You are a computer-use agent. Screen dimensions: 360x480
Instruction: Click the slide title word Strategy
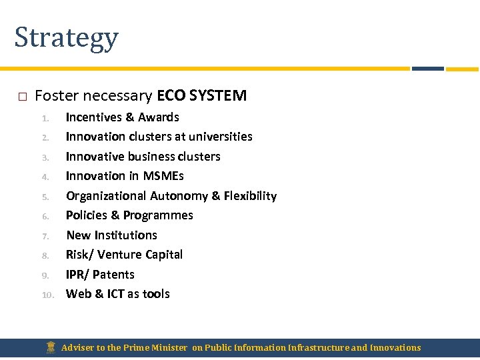(x=66, y=38)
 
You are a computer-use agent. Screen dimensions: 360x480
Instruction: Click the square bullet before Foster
(x=22, y=97)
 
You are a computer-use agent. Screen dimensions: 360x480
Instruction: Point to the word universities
(x=220, y=137)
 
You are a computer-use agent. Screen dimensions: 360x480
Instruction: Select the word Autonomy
(x=179, y=196)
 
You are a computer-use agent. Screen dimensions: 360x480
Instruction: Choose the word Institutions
(x=126, y=235)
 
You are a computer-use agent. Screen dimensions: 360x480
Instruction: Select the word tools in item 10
(x=155, y=294)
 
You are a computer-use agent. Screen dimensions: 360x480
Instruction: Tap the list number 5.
(x=46, y=197)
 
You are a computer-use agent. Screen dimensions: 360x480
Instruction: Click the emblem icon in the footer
(x=51, y=347)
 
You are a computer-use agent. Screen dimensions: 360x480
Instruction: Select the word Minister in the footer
(x=169, y=348)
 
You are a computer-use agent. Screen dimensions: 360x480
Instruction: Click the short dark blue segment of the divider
(x=427, y=69)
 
